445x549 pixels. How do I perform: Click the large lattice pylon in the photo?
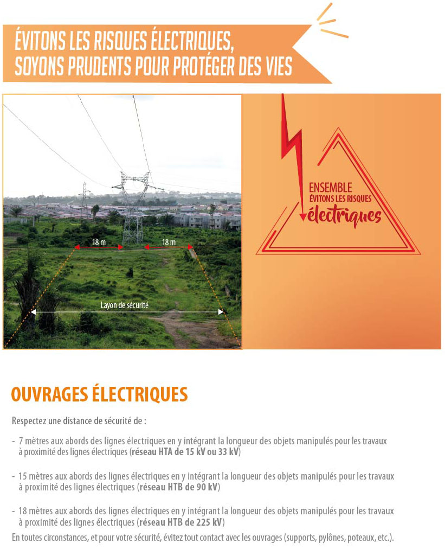(x=132, y=209)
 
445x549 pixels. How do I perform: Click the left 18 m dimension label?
(x=98, y=242)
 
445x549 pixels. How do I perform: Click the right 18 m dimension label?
(x=168, y=242)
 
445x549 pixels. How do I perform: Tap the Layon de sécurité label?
(x=124, y=305)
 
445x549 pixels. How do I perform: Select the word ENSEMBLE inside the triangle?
(x=330, y=188)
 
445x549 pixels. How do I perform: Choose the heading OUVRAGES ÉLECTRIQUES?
(x=99, y=394)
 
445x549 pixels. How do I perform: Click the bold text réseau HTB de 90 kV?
(x=178, y=487)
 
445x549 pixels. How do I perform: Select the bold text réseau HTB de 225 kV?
(x=180, y=522)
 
